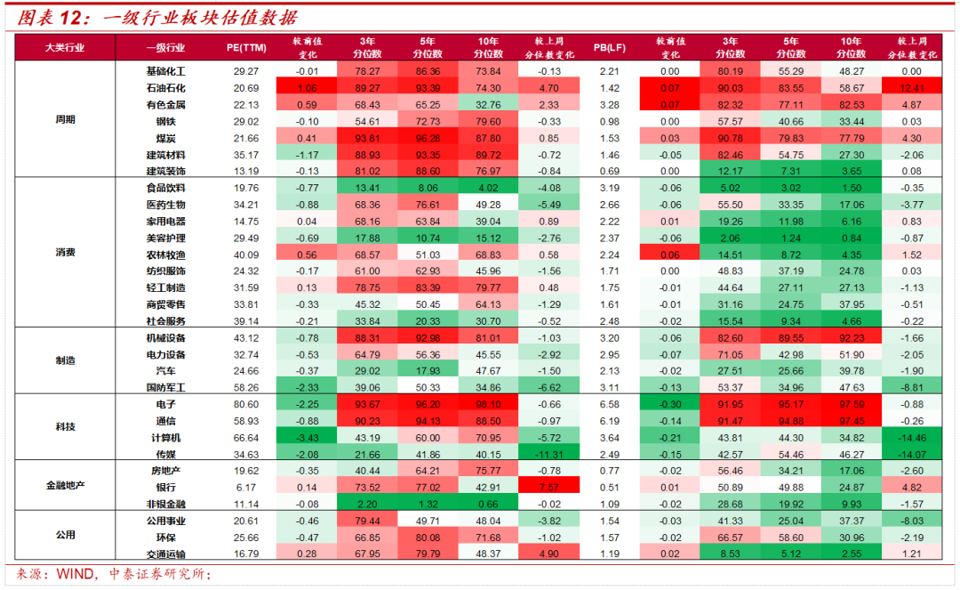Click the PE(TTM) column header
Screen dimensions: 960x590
246,47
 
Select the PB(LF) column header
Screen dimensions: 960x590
609,47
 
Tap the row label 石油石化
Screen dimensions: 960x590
166,88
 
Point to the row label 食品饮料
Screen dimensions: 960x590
166,188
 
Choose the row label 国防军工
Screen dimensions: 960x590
166,388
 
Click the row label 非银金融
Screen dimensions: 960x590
166,505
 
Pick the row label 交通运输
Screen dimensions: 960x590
166,554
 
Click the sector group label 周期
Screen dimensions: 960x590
66,119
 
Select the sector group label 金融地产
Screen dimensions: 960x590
66,485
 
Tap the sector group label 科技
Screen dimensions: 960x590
66,426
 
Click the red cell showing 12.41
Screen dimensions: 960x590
912,88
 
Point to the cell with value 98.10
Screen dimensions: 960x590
488,404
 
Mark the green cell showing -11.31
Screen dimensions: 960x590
549,455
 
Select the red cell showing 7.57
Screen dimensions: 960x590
549,488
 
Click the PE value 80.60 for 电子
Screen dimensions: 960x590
246,404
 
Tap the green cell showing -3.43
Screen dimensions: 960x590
307,438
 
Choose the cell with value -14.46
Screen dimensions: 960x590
912,438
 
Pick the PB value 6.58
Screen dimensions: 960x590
609,404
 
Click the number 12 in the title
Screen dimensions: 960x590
71,17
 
